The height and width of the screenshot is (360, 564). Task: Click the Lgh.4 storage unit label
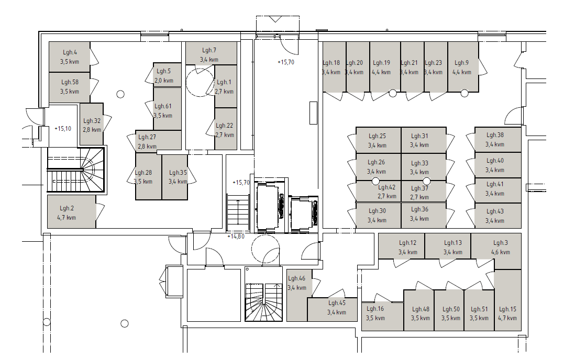[70, 52]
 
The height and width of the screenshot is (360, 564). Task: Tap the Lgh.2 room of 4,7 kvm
[72, 211]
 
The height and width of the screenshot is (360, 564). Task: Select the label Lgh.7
[209, 50]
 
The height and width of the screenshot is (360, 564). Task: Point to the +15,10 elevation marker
[63, 129]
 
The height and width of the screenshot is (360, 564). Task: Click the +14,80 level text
[236, 237]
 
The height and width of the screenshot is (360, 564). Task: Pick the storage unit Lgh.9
[463, 67]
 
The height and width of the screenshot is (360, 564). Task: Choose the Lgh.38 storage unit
[498, 140]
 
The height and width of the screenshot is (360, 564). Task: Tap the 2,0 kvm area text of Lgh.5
[164, 81]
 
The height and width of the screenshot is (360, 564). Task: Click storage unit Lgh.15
[507, 300]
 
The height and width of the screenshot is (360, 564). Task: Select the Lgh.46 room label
[297, 278]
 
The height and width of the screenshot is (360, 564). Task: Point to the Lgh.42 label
[386, 187]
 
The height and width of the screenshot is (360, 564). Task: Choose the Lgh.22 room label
[225, 126]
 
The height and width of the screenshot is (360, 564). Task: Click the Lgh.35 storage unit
[175, 177]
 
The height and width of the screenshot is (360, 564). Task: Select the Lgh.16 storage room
[382, 316]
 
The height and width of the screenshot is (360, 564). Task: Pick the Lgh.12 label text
[407, 243]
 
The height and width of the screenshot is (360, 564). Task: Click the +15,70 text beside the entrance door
[286, 62]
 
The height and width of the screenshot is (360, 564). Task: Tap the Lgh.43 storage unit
[498, 216]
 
